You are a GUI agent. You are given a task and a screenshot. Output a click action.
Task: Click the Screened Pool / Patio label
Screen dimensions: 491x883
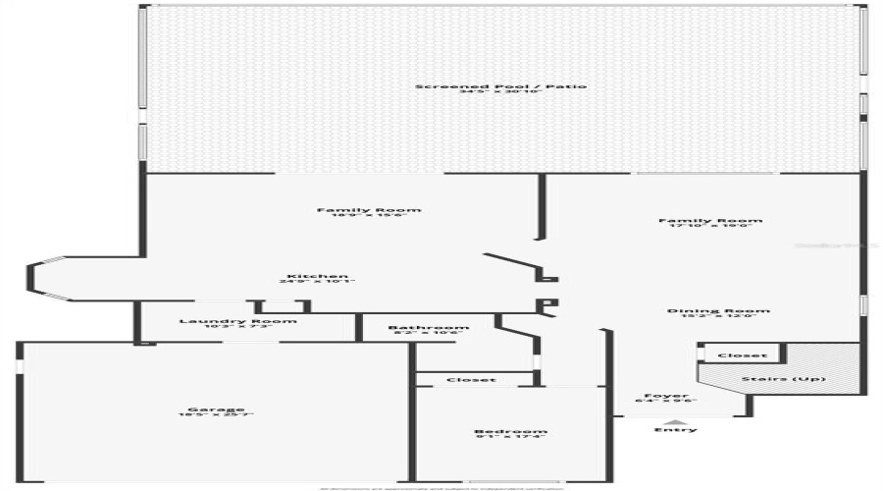tap(500, 86)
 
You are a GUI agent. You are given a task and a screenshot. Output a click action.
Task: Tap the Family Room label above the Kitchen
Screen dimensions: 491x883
tap(369, 210)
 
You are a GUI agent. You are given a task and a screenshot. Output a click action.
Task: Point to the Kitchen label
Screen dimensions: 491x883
tap(315, 276)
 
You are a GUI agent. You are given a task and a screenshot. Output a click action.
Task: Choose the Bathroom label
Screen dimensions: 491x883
tap(428, 328)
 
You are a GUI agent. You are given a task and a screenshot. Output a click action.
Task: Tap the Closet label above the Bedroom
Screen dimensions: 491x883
tap(471, 380)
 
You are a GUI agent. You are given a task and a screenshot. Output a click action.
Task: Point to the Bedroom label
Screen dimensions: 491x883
tap(510, 432)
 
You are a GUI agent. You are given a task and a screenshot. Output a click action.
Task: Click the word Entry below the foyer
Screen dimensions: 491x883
tap(676, 430)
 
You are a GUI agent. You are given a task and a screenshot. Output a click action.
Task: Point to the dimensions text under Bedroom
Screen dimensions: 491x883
tap(510, 439)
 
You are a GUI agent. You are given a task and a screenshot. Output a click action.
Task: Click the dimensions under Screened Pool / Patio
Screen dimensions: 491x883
tap(500, 93)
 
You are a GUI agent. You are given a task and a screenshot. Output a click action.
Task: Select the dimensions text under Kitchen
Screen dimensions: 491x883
tap(315, 283)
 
